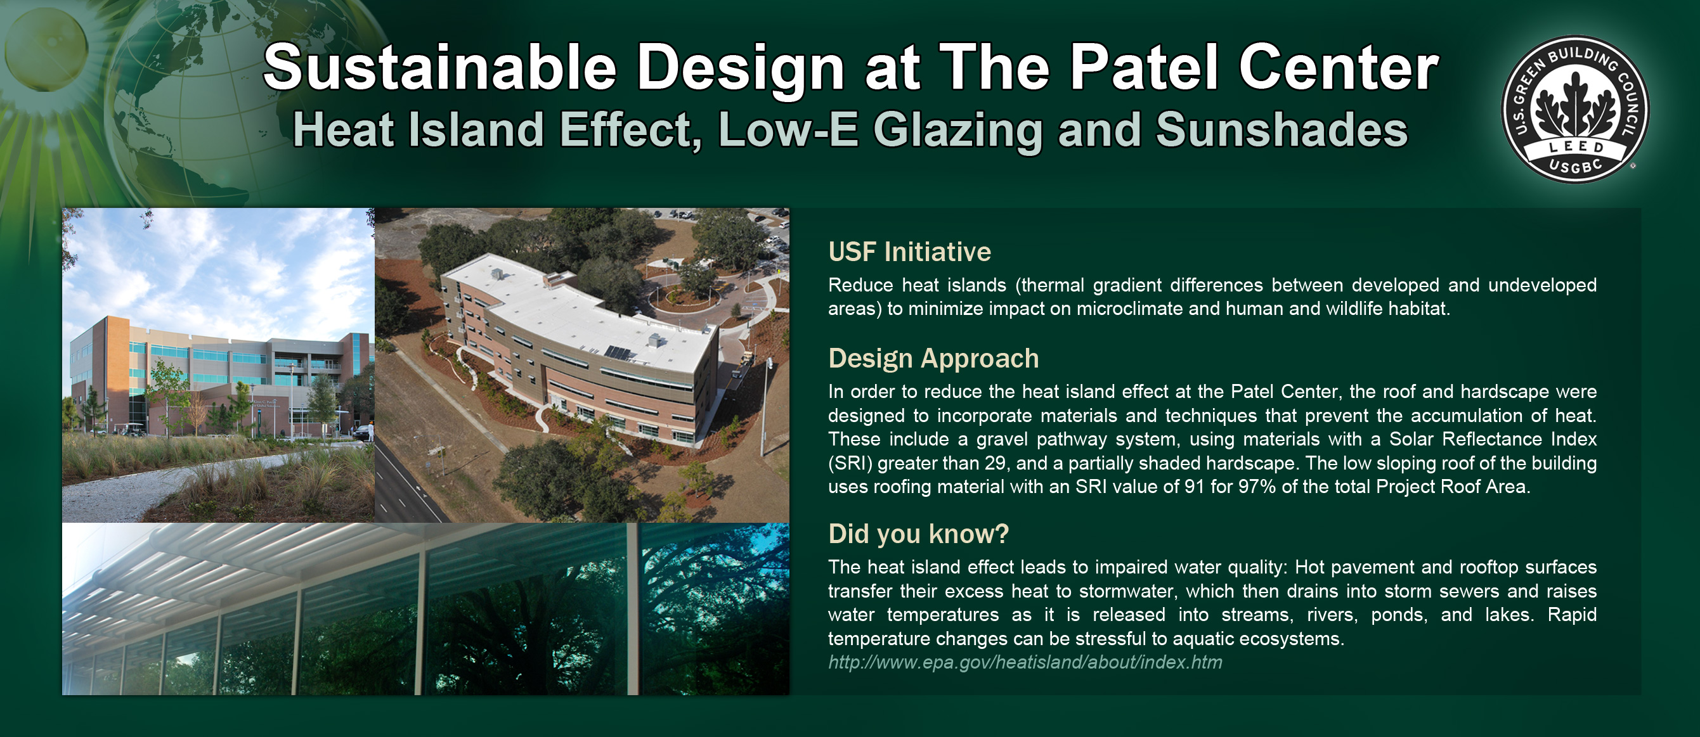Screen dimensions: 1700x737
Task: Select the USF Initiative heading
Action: (x=909, y=252)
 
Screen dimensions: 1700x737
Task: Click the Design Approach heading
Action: (x=933, y=358)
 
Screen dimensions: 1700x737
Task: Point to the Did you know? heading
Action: (x=918, y=534)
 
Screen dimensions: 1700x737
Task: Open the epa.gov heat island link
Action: (x=1025, y=662)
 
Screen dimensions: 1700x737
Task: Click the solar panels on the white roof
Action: (x=620, y=352)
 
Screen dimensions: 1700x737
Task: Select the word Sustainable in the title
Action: (x=439, y=67)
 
